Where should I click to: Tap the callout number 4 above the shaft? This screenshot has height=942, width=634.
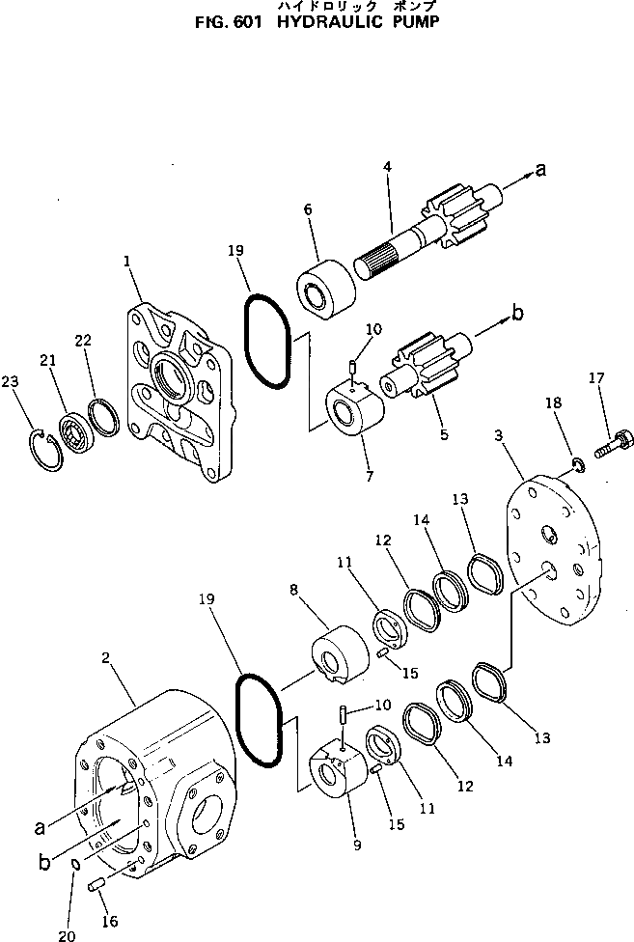tap(387, 167)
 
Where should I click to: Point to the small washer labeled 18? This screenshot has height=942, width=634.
tap(576, 466)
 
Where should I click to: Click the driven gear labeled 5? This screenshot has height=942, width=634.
tap(425, 369)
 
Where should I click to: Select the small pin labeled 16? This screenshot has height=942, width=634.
tap(96, 885)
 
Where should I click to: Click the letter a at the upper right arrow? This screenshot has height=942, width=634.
tap(540, 170)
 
